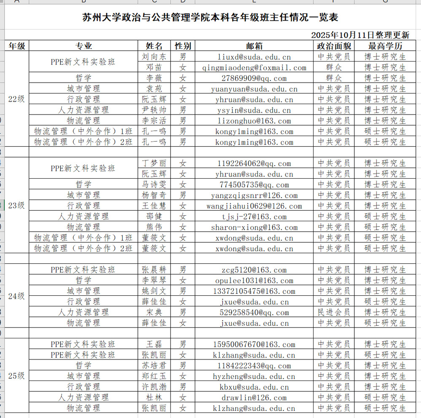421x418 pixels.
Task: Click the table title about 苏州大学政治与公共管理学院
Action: [x=210, y=18]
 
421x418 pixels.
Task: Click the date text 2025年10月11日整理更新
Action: [x=360, y=35]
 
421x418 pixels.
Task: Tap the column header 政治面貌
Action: [x=334, y=46]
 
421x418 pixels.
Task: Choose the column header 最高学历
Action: [x=385, y=46]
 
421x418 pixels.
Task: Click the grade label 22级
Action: [x=17, y=99]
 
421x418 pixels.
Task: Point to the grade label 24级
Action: [x=17, y=296]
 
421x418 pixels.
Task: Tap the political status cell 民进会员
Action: [x=334, y=312]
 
